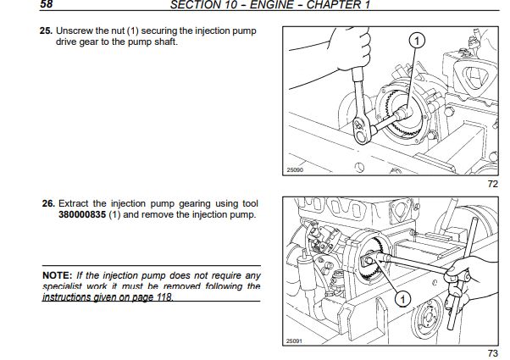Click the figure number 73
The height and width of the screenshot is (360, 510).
coord(491,352)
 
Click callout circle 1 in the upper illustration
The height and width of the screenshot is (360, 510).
coord(417,41)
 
